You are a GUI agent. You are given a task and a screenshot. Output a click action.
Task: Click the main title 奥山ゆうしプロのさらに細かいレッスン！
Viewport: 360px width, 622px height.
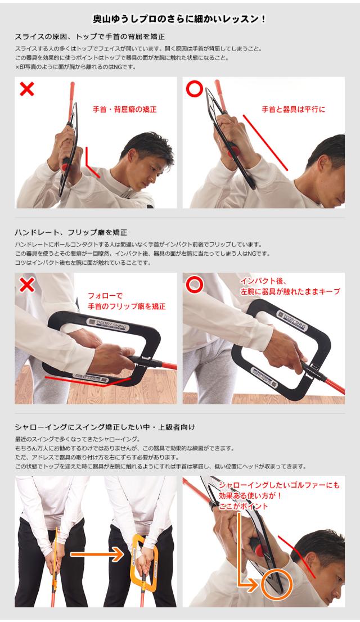179,19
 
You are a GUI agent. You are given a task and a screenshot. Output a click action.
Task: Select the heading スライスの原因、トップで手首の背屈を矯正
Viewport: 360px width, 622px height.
89,37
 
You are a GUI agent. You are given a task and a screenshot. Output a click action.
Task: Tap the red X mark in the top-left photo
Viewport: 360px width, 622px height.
27,89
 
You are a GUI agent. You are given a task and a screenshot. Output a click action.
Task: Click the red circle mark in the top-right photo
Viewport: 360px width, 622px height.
194,89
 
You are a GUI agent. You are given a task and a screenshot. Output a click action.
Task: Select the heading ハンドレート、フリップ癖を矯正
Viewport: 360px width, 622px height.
71,232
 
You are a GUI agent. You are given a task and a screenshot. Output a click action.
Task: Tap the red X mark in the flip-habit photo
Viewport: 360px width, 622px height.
26,285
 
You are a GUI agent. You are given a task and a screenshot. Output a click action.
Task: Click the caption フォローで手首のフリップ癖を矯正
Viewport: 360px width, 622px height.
126,300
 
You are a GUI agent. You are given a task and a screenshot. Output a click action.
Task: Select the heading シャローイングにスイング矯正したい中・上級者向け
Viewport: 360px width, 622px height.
105,427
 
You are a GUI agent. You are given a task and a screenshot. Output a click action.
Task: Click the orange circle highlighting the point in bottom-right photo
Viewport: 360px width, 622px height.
277,584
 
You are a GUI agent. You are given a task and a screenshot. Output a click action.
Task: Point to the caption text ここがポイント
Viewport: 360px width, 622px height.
243,506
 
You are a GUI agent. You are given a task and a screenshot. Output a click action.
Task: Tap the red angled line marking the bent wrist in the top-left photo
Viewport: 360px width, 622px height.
92,163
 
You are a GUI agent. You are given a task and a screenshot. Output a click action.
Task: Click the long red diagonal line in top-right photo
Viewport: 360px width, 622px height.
265,141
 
